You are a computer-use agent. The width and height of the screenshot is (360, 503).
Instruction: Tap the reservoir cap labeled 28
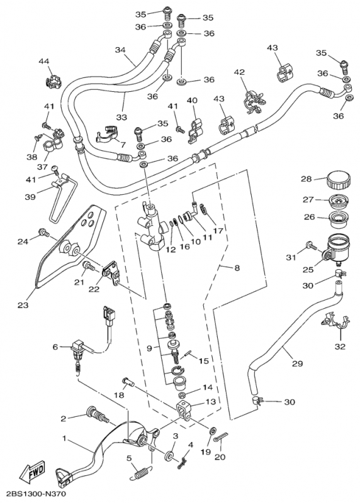pos(339,181)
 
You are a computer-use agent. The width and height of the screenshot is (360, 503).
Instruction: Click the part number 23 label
pos(23,305)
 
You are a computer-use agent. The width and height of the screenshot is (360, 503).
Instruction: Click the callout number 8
pos(237,267)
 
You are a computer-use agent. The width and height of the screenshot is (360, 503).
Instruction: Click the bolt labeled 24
pos(44,232)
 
